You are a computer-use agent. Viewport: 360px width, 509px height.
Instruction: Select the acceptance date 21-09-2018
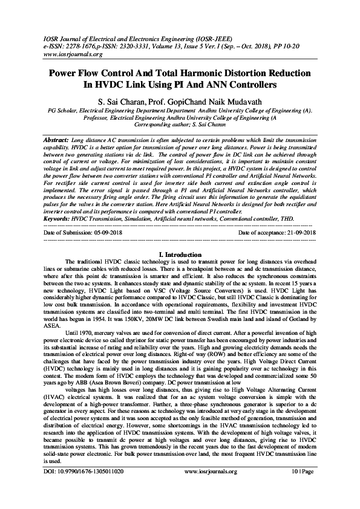tap(296, 232)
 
